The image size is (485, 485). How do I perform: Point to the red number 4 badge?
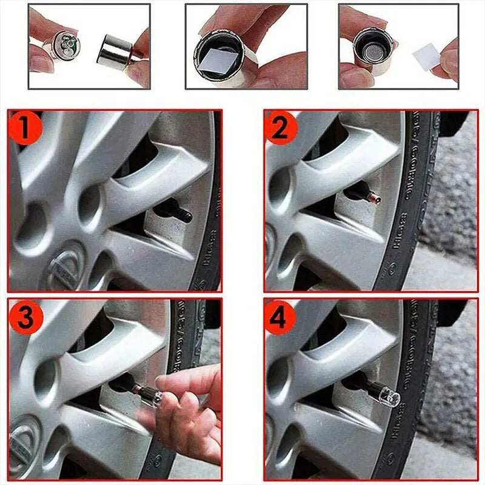(x=279, y=317)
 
